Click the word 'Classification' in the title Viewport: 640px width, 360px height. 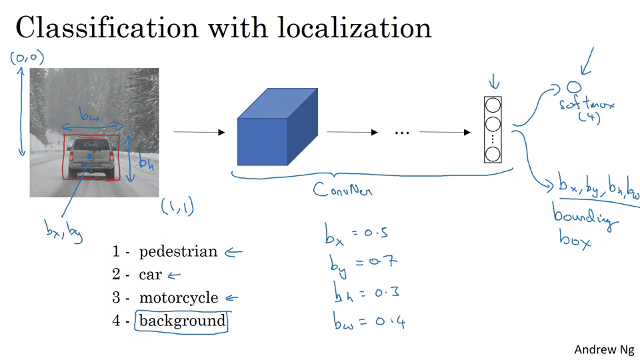(107, 29)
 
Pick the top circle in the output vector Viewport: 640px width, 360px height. (493, 105)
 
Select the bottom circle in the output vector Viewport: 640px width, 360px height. (493, 155)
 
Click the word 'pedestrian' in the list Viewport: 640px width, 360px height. (178, 252)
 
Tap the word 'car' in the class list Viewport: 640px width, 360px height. (151, 275)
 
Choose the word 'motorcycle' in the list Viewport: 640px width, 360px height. (178, 298)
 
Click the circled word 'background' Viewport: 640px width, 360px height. (183, 321)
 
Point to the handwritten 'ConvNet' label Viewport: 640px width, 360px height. (343, 189)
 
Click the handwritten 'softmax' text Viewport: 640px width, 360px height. (587, 105)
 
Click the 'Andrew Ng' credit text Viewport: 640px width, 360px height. (604, 349)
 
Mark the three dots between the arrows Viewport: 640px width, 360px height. (401, 133)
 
